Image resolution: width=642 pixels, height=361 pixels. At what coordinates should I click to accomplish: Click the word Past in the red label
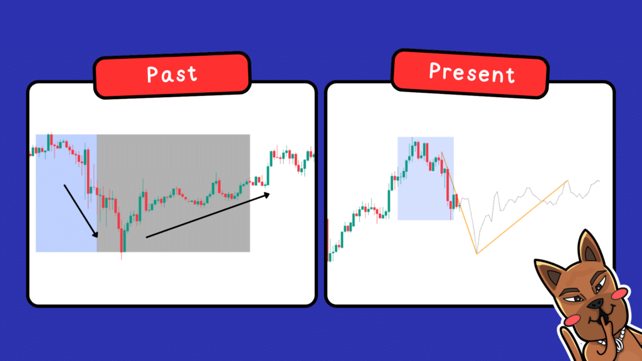click(172, 75)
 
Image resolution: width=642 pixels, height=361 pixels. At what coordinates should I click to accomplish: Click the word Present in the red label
click(471, 73)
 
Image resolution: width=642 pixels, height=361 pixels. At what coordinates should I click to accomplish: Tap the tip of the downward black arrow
click(97, 237)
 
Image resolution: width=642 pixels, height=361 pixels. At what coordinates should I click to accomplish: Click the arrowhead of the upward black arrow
click(267, 195)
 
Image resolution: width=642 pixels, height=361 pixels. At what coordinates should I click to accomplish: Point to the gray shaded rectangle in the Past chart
click(174, 193)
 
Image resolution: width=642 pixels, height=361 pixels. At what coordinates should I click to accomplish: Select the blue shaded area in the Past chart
click(66, 193)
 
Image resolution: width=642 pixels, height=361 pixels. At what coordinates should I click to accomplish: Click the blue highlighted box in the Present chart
click(426, 179)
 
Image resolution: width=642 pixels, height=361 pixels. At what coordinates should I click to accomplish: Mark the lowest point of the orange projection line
click(477, 253)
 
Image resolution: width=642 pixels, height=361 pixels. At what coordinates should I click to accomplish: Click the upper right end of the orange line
click(567, 180)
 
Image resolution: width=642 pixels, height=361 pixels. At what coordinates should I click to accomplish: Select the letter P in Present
click(435, 70)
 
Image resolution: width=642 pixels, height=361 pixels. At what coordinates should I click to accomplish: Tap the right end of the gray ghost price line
click(599, 180)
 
